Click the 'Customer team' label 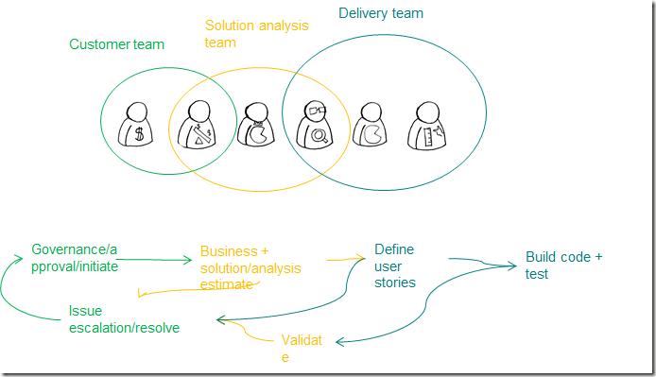pyautogui.click(x=116, y=44)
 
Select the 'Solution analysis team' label pyautogui.click(x=256, y=34)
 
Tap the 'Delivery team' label pyautogui.click(x=381, y=13)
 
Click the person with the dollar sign pyautogui.click(x=135, y=125)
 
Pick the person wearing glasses pyautogui.click(x=314, y=125)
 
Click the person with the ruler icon pyautogui.click(x=426, y=126)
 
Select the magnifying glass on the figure pyautogui.click(x=319, y=135)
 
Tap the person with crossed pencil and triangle pyautogui.click(x=197, y=125)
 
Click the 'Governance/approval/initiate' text pyautogui.click(x=75, y=258)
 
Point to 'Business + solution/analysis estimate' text pyautogui.click(x=250, y=267)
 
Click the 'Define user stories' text pyautogui.click(x=394, y=266)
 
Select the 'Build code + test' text pyautogui.click(x=563, y=266)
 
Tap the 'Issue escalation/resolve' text pyautogui.click(x=124, y=319)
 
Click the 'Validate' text pyautogui.click(x=302, y=348)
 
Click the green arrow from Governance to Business pyautogui.click(x=154, y=260)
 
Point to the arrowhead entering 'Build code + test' pyautogui.click(x=512, y=266)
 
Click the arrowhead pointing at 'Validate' pyautogui.click(x=339, y=342)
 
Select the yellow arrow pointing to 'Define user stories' pyautogui.click(x=346, y=259)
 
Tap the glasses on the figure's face pyautogui.click(x=316, y=111)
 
